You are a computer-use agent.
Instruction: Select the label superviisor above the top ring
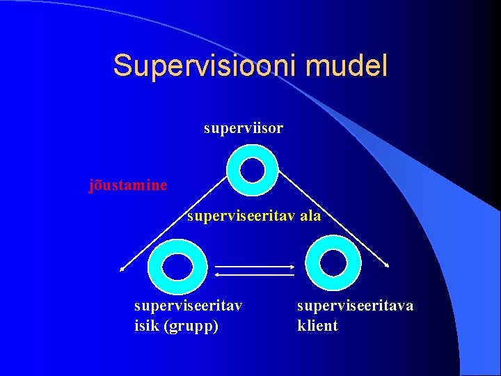244,129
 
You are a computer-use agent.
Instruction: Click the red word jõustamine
128,185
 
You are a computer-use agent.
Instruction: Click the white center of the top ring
252,169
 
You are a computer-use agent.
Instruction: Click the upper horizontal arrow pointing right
255,266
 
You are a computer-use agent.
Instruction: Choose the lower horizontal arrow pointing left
255,276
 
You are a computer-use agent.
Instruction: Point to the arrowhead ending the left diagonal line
121,268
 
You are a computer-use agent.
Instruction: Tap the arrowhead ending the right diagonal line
388,265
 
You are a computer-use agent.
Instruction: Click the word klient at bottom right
317,325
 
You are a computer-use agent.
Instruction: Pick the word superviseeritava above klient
355,306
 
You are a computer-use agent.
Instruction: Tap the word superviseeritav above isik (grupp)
188,306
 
